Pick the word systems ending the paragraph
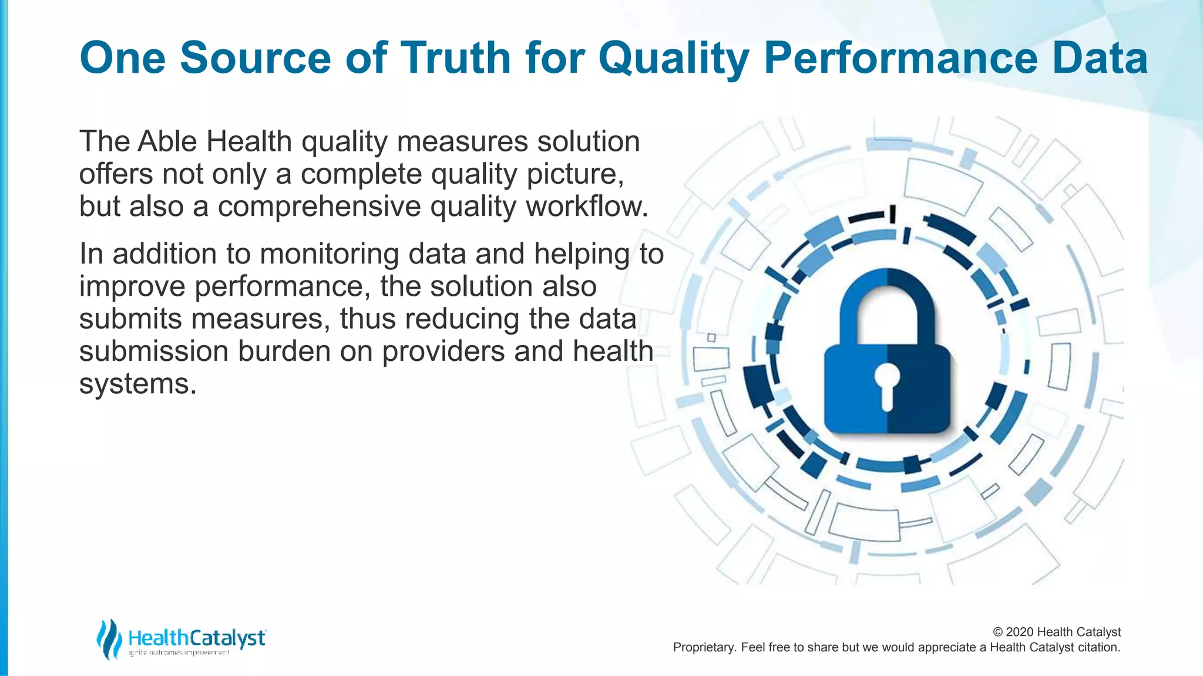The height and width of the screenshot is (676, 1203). (137, 384)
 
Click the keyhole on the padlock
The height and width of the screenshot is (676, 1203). (887, 384)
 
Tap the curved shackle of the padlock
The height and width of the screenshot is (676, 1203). (887, 293)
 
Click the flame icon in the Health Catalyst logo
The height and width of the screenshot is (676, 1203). (109, 639)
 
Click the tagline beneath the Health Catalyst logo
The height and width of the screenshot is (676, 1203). (179, 653)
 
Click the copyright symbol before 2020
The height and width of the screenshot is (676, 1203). (998, 633)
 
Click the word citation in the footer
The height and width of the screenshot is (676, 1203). (1098, 647)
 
